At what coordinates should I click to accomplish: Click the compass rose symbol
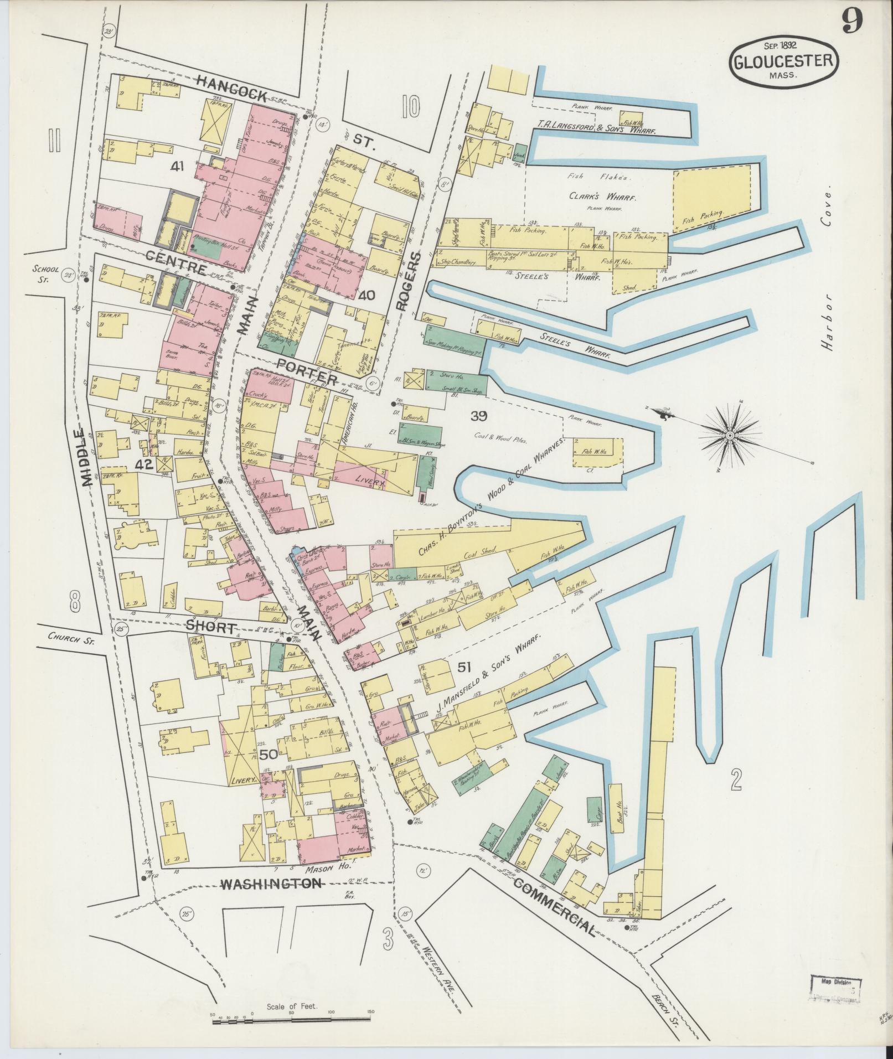click(730, 436)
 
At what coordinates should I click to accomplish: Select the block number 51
click(463, 668)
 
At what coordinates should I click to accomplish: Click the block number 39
click(478, 416)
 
